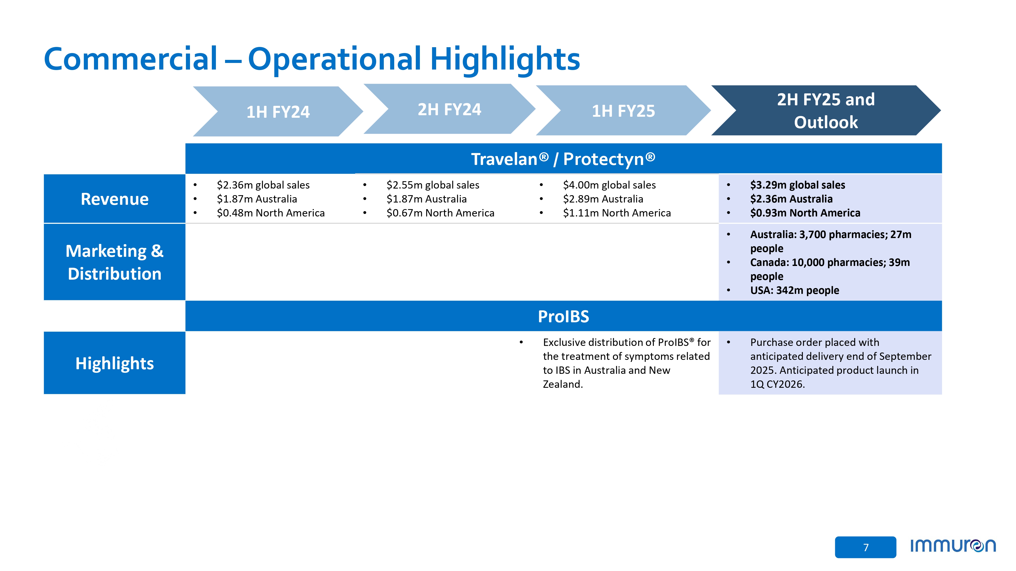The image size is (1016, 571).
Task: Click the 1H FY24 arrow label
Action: pos(278,112)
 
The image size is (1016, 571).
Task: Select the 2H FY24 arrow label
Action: pos(449,109)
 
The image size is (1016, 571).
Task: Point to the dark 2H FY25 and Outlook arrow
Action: pos(826,111)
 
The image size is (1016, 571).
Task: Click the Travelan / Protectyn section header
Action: pos(564,159)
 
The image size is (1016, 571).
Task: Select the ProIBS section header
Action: pos(564,316)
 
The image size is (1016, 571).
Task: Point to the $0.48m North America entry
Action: pos(271,213)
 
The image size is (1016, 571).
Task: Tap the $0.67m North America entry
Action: pos(440,213)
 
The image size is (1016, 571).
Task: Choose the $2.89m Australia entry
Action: pos(603,199)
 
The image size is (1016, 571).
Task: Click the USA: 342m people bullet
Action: pos(794,290)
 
